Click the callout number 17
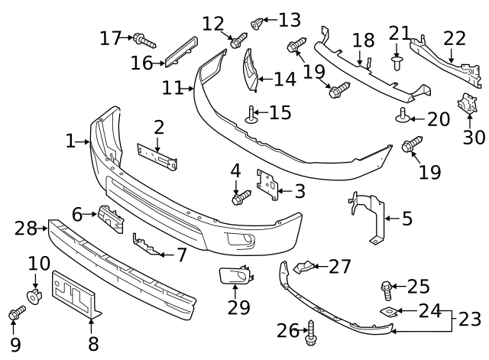coord(111,37)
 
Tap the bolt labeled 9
coord(18,313)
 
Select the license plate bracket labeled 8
coord(75,293)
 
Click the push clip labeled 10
coord(34,294)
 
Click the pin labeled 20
coord(402,116)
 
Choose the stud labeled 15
coord(251,115)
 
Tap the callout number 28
coord(25,227)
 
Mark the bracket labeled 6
coord(110,218)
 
